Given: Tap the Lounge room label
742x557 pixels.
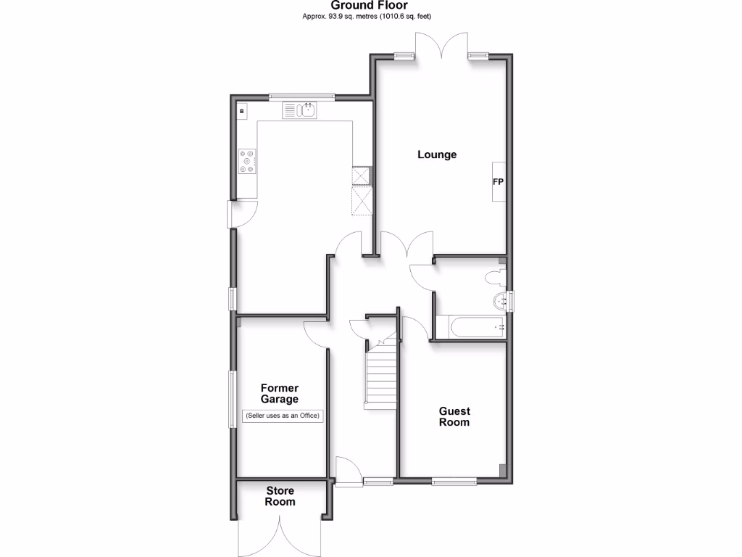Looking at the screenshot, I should click(437, 154).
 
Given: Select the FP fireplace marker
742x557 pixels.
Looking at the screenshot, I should click(499, 181).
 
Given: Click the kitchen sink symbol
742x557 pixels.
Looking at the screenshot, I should click(300, 110).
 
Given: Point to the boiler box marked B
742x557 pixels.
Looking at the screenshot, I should click(242, 112).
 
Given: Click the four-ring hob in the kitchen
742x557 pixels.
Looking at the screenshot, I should click(247, 161).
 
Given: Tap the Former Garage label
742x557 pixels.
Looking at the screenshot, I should click(280, 394).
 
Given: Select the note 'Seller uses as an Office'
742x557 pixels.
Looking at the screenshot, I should click(282, 416).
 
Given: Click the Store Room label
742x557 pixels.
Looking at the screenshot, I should click(280, 496).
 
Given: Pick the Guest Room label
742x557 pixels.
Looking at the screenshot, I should click(454, 416).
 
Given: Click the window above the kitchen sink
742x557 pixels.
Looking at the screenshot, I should click(301, 96).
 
